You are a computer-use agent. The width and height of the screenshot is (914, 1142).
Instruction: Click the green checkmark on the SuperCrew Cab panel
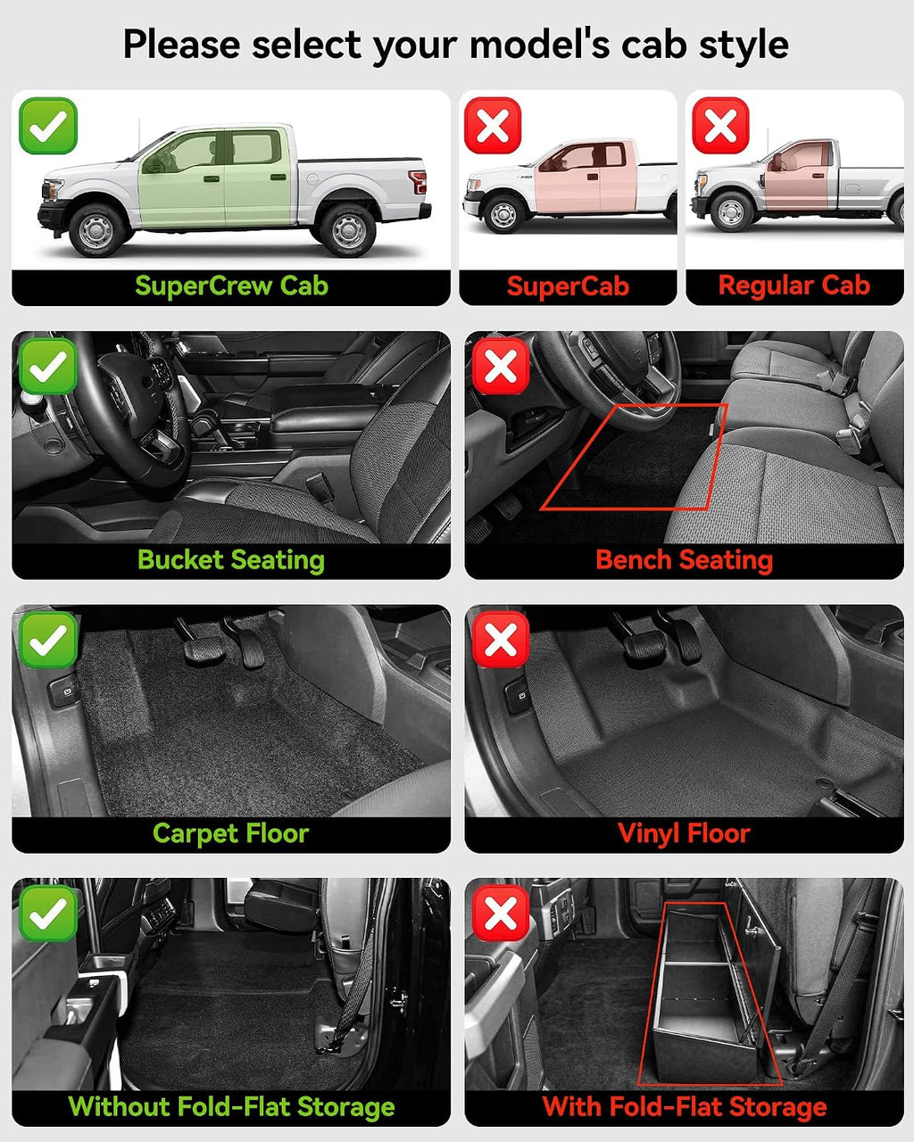[x=48, y=126]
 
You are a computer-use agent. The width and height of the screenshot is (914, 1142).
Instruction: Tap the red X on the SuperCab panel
[x=493, y=126]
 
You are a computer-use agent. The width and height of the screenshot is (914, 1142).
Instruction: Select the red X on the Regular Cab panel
[x=720, y=126]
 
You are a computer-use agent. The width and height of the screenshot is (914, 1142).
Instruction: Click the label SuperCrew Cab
[x=231, y=286]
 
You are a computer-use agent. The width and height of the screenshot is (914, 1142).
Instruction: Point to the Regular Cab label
[x=794, y=285]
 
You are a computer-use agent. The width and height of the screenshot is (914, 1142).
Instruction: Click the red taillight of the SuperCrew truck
[x=418, y=182]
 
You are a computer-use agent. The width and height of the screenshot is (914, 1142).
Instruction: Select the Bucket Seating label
[x=231, y=561]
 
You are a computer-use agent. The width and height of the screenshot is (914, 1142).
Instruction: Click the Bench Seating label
[x=684, y=561]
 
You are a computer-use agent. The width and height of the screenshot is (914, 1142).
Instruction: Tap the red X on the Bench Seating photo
[x=501, y=366]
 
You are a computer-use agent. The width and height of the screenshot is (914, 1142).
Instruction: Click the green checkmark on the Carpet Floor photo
[x=48, y=640]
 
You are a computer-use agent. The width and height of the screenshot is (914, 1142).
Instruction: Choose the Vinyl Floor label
[x=684, y=833]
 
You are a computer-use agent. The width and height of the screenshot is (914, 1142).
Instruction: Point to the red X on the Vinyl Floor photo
[x=501, y=640]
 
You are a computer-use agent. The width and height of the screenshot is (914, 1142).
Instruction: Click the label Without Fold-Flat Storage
[x=231, y=1107]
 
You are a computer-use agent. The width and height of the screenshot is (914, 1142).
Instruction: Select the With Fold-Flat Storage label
[x=685, y=1107]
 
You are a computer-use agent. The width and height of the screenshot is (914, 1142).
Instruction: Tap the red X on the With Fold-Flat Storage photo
[x=501, y=914]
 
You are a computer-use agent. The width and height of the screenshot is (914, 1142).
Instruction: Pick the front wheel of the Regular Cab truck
[x=731, y=211]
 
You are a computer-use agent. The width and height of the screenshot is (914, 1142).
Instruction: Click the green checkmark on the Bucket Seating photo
[x=48, y=366]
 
